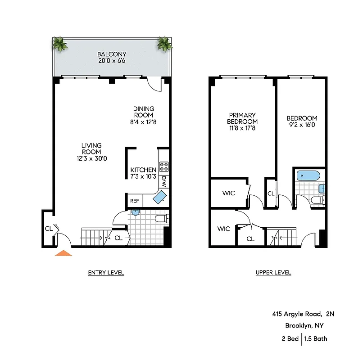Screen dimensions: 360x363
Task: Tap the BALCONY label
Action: tap(112, 54)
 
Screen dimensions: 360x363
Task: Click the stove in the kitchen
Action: tap(164, 167)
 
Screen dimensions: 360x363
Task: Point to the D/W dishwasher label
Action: tap(164, 181)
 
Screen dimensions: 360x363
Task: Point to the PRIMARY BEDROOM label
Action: tap(242, 118)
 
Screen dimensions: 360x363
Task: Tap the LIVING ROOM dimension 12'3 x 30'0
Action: tap(91, 158)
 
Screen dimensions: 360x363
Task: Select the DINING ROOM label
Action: tap(143, 112)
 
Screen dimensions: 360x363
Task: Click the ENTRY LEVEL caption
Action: tap(106, 273)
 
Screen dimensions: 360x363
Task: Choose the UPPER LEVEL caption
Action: tap(273, 273)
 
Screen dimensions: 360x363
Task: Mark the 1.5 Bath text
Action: tap(316, 339)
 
